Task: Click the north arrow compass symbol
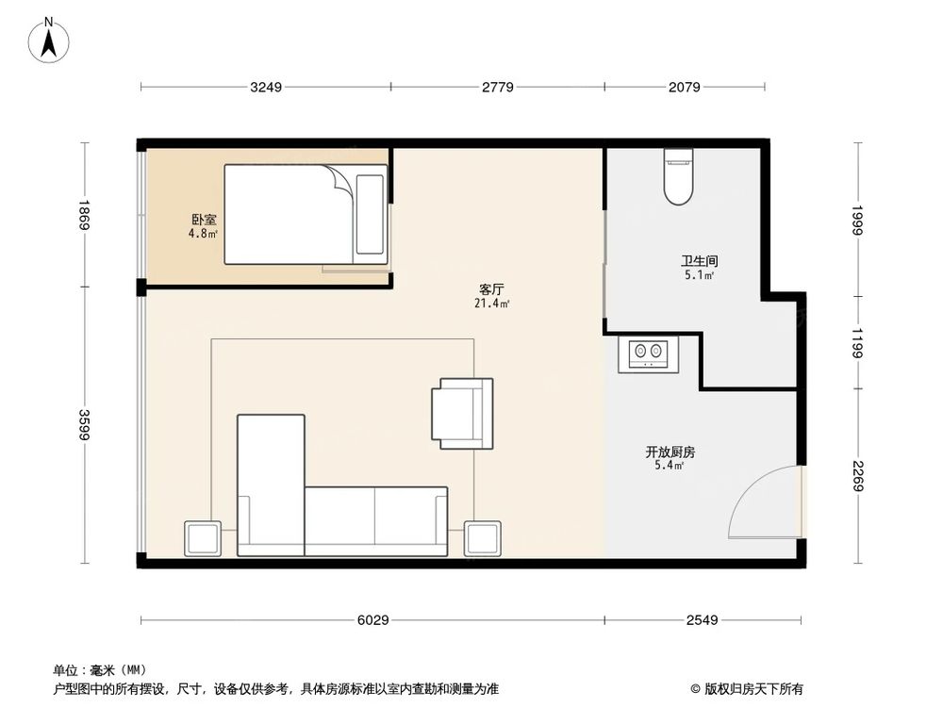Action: (49, 40)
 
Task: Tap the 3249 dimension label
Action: (266, 87)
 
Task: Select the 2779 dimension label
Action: (498, 87)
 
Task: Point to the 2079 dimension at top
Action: (685, 87)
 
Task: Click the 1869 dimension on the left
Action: (84, 215)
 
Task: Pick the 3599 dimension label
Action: (84, 424)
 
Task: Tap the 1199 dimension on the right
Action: (857, 343)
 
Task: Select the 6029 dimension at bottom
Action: (372, 620)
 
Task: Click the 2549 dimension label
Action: (702, 620)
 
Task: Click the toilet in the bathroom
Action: (679, 176)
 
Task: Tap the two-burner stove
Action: (649, 354)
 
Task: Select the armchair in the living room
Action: (462, 414)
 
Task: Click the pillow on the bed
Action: (370, 215)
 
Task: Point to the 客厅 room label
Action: (491, 289)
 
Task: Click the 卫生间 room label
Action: (700, 261)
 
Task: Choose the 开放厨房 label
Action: (670, 452)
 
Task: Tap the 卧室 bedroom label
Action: (204, 220)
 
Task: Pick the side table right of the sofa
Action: (482, 538)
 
